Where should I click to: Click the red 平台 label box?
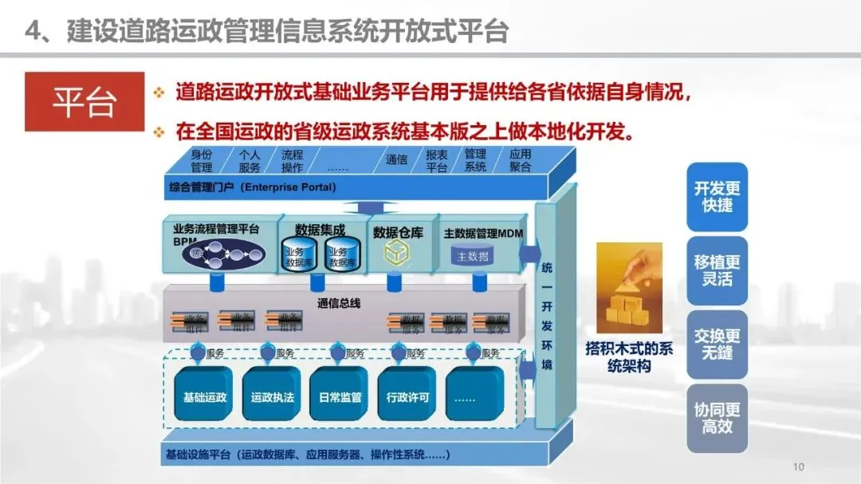point(84,101)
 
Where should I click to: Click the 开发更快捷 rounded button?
point(717,196)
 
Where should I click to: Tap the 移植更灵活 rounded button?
point(717,270)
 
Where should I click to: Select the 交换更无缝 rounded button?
point(717,344)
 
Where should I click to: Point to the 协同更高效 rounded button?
point(717,417)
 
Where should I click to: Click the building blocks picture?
point(629,289)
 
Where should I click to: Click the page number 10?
point(799,466)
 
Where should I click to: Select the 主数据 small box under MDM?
point(473,256)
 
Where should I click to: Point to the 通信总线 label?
point(339,302)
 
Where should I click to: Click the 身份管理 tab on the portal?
point(202,160)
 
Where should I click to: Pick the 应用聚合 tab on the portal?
point(520,160)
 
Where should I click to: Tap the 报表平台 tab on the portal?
point(436,160)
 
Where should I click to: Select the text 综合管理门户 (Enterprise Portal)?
point(253,187)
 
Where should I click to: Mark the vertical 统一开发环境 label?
point(547,315)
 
